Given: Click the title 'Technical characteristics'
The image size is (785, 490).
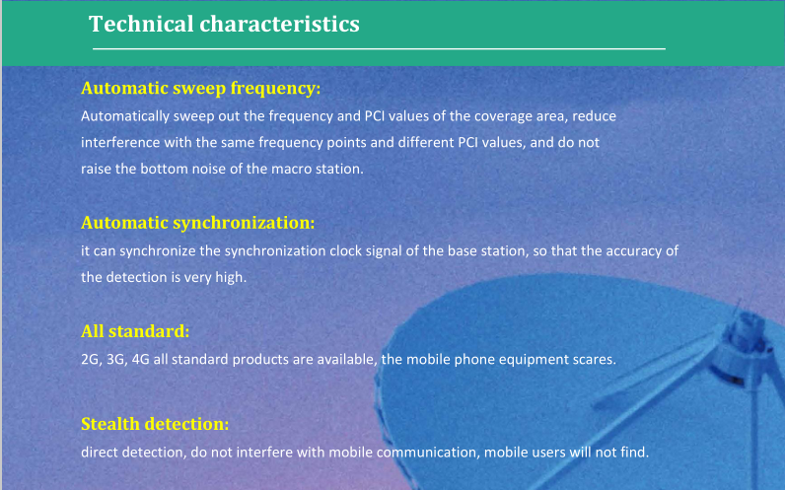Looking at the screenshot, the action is coord(224,24).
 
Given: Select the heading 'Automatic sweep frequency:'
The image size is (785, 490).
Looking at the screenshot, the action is coord(201,88).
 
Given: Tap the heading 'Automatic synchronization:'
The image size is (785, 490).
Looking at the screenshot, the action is coord(198,223).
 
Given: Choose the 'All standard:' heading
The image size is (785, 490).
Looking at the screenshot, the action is coord(135,331).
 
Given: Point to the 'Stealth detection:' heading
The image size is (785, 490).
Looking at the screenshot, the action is coord(155,424).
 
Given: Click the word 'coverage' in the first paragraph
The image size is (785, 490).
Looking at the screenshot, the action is coord(503,116).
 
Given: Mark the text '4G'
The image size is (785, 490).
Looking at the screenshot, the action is coord(140,360).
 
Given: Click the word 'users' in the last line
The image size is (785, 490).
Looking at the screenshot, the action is coord(547,453).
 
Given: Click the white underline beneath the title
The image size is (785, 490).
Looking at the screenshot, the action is coord(379,49).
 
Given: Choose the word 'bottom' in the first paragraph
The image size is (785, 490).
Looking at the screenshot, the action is coord(158,170).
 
